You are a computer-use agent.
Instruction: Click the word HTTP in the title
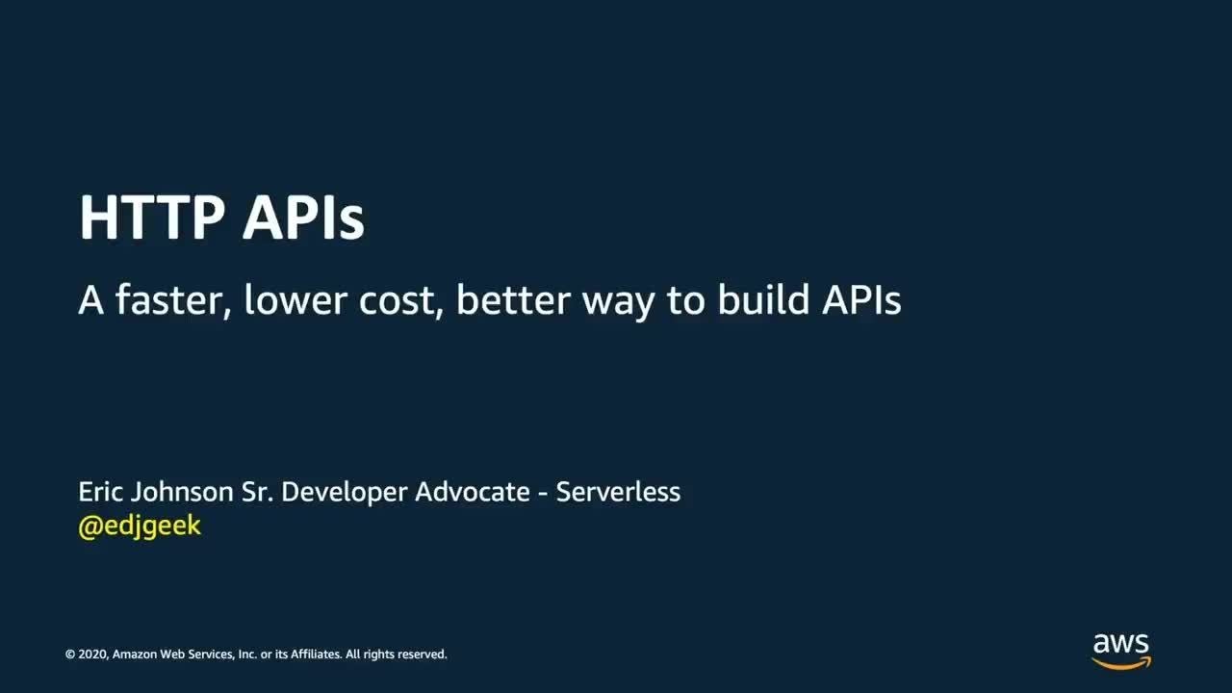152,217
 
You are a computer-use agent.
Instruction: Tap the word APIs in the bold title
303,217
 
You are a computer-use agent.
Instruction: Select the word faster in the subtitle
172,300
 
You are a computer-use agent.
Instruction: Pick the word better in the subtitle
513,299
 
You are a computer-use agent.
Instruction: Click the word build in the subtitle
763,299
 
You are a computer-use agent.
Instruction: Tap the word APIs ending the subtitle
861,300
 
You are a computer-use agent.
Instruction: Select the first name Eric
100,492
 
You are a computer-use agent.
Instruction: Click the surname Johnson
182,492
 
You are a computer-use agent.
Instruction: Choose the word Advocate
473,492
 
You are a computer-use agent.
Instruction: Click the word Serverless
618,492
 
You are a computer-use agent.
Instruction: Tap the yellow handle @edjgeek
140,526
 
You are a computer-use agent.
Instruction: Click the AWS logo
1121,652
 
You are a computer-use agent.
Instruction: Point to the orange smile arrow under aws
1121,664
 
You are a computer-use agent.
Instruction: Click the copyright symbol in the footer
70,654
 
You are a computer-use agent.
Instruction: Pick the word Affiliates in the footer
317,654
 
